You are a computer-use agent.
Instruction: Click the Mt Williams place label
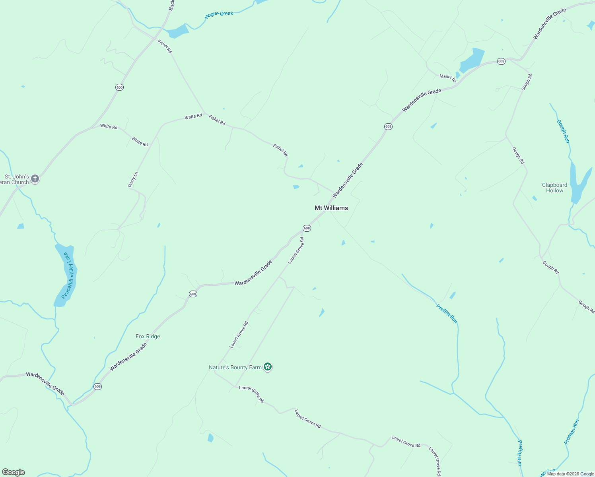(x=331, y=208)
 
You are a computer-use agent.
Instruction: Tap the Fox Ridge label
(x=148, y=336)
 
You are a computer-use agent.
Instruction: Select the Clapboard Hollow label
(x=554, y=188)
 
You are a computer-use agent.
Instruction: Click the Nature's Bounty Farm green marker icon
(x=268, y=367)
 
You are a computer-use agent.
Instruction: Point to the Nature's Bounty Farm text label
(x=235, y=367)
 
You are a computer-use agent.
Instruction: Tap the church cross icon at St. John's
(x=35, y=179)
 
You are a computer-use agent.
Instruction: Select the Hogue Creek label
(x=219, y=14)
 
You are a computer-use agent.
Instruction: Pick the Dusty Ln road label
(x=133, y=179)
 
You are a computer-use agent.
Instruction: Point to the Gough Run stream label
(x=563, y=131)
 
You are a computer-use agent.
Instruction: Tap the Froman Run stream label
(x=572, y=432)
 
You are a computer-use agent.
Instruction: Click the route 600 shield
(x=119, y=87)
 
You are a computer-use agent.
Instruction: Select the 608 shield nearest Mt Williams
(x=306, y=228)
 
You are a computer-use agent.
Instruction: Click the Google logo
(x=14, y=472)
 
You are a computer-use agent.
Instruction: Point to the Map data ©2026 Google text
(x=570, y=474)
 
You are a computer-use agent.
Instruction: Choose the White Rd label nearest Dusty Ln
(x=140, y=142)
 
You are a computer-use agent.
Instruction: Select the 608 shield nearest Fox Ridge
(x=193, y=294)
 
